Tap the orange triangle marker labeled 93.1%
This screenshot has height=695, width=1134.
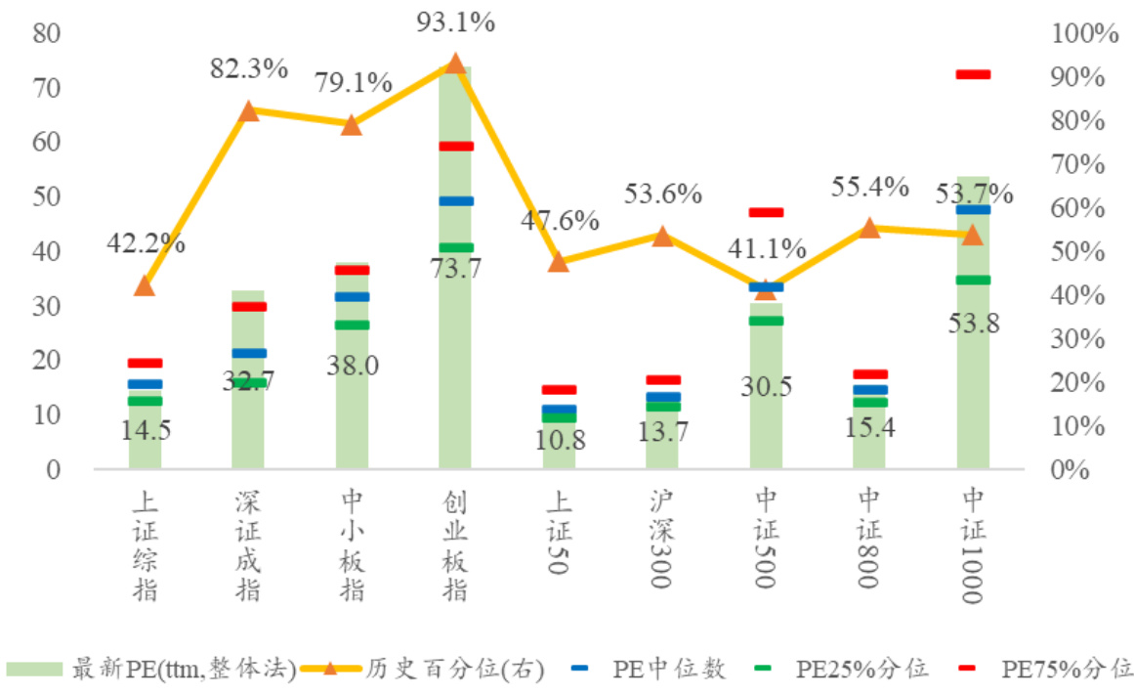click(455, 65)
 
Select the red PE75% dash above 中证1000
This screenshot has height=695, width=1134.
click(973, 74)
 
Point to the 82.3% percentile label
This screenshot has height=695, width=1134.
click(249, 68)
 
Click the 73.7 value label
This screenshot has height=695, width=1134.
click(455, 269)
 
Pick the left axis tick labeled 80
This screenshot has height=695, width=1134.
click(47, 33)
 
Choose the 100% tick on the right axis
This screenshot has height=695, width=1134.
click(1084, 33)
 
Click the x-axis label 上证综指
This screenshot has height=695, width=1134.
click(146, 547)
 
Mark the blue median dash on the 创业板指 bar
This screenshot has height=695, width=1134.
click(455, 201)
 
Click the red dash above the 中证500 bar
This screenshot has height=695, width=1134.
click(766, 212)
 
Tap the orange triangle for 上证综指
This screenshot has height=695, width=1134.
click(145, 285)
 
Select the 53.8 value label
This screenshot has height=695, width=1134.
click(973, 323)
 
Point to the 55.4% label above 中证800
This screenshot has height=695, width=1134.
click(869, 186)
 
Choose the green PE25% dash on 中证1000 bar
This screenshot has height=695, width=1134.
click(973, 281)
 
